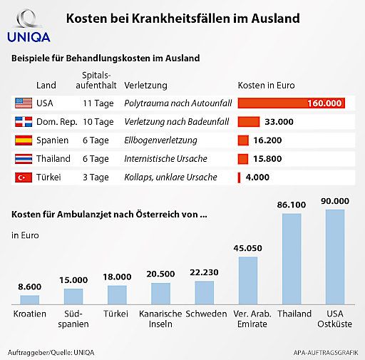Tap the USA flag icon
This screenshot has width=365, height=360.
[x=24, y=103]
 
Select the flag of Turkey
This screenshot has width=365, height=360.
[x=24, y=177]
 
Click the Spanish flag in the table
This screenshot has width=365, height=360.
[x=24, y=140]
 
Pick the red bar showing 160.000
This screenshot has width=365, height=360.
[x=291, y=103]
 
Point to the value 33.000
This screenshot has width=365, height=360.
[x=279, y=122]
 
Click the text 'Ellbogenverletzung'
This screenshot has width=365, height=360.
[x=160, y=140]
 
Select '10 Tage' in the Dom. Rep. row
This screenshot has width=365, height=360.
[x=98, y=122]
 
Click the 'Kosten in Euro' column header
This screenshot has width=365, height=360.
[x=266, y=85]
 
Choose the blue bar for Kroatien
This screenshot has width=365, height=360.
[x=30, y=299]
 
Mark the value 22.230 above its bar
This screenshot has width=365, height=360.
[x=205, y=272]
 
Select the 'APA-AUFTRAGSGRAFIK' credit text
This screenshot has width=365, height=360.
[x=325, y=352]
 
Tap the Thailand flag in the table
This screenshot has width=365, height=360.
[x=24, y=158]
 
